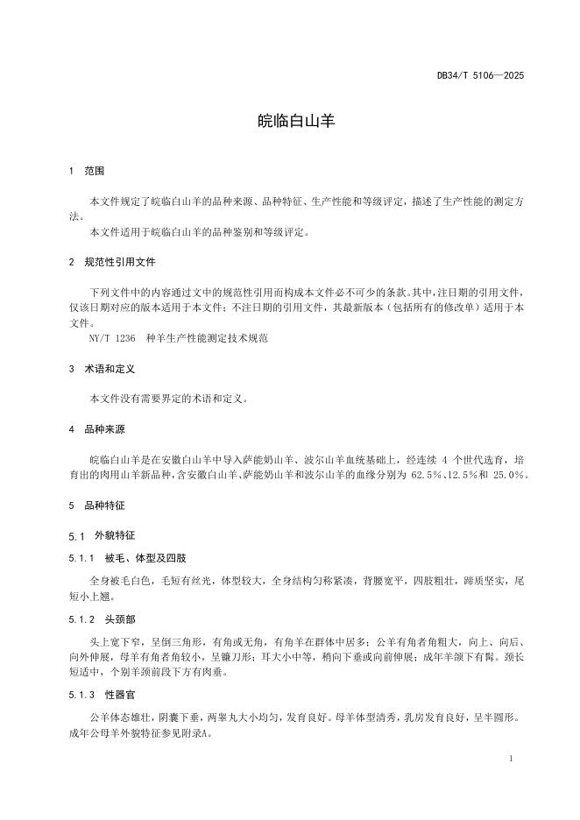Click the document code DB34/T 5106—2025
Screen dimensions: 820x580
[x=480, y=75]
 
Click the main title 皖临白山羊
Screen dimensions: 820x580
[x=289, y=121]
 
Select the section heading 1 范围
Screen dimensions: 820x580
[x=87, y=171]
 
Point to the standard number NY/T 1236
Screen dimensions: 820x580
[x=112, y=337]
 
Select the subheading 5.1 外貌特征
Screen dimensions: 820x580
[x=102, y=535]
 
